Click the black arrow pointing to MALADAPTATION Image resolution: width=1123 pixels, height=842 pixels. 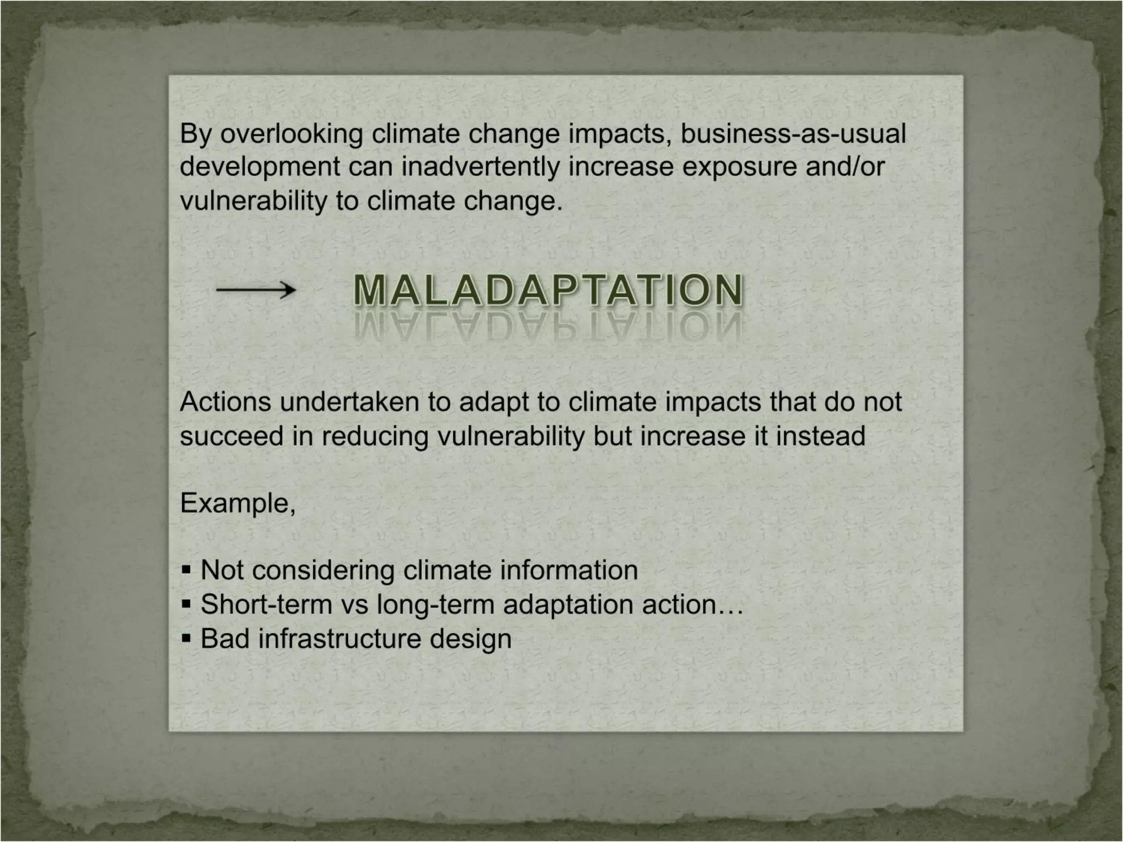coord(256,289)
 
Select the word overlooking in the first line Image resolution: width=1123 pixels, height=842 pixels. coord(291,134)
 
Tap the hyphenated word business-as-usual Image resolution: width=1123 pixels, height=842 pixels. coord(793,134)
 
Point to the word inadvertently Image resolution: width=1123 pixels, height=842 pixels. coord(480,167)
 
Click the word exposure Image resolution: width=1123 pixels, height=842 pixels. coord(740,167)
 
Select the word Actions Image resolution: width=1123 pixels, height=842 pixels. coord(225,402)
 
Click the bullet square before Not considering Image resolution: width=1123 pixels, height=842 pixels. coord(186,571)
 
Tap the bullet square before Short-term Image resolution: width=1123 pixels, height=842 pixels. coord(186,605)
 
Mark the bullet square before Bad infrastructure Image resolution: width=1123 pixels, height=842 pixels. coord(186,639)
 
